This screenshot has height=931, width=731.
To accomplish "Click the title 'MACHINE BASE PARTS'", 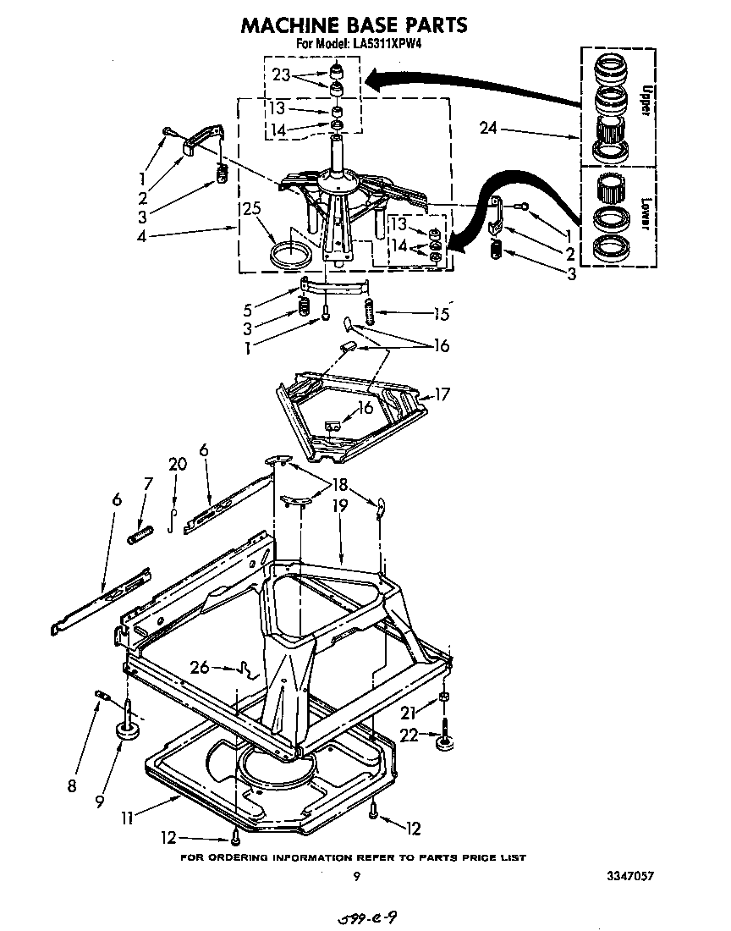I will pos(354,25).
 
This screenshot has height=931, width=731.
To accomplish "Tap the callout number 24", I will pos(488,129).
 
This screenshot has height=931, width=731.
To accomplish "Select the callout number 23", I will pos(282,74).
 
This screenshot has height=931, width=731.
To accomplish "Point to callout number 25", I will pos(252,209).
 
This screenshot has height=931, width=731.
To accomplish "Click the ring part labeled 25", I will pos(287,252).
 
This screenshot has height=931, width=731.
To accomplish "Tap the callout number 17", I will pos(442,394).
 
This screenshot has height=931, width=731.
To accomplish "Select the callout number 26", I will pos(200,668).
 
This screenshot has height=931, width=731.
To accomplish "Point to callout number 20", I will pos(177,464).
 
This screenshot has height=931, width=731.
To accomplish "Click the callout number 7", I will pos(148,483).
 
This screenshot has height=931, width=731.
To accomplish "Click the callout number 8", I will pos(72,785).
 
